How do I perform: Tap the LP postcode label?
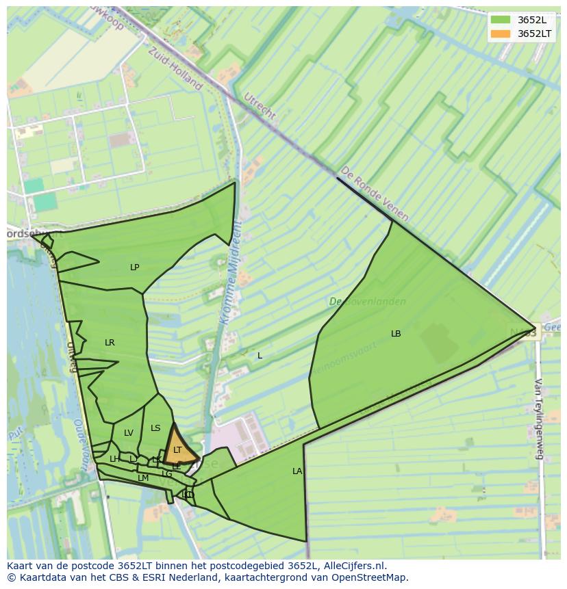135,267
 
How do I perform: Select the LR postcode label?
110,342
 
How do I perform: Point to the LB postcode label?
396,334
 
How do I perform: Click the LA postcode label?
297,471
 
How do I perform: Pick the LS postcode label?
155,428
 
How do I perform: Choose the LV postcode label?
129,433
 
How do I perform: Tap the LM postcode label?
143,478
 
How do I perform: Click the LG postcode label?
167,473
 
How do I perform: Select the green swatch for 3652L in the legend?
501,20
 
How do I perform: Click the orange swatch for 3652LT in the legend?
501,34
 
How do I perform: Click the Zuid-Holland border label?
175,68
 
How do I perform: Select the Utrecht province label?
260,105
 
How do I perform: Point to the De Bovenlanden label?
367,302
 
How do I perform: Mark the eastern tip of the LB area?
535,329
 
